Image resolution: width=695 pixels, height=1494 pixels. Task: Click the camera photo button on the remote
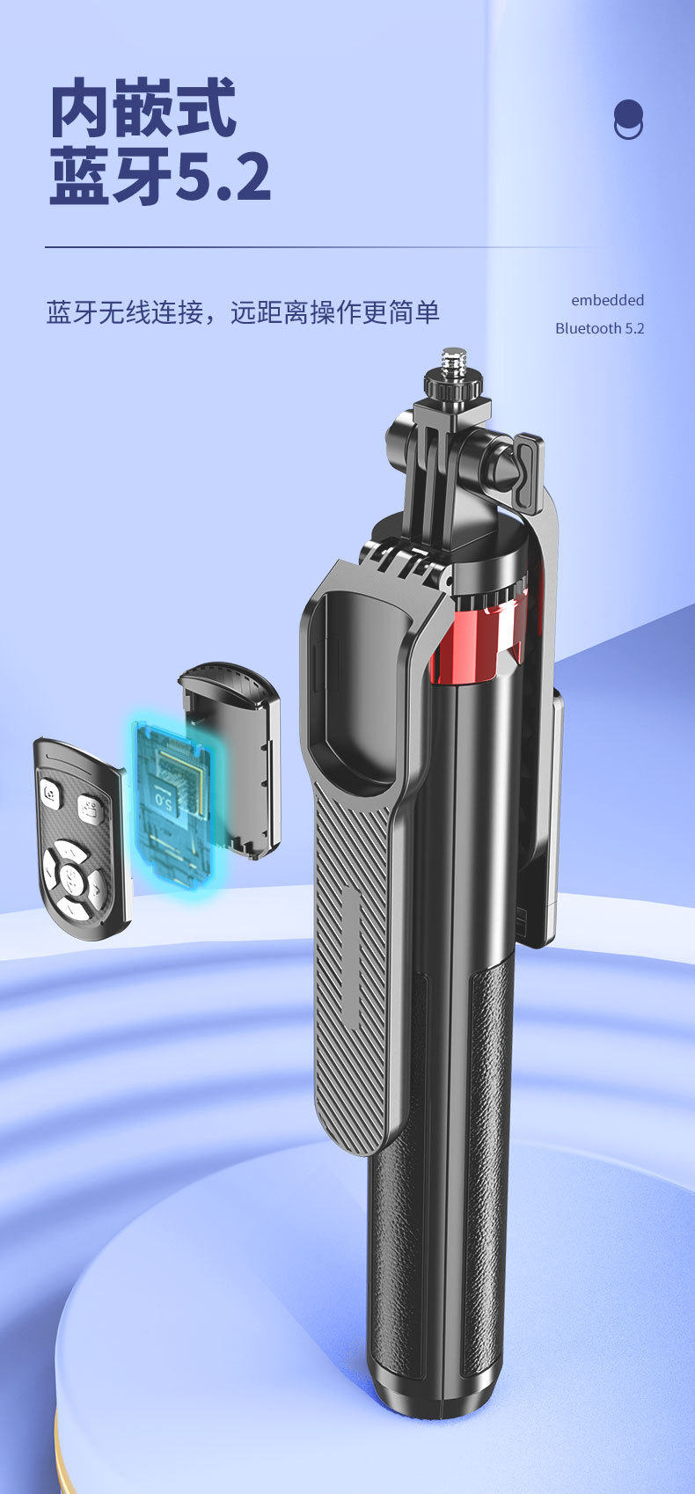[x=51, y=793]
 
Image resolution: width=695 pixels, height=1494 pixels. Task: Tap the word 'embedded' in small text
[x=607, y=300]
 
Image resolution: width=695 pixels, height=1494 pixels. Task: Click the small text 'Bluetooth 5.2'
[x=600, y=328]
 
